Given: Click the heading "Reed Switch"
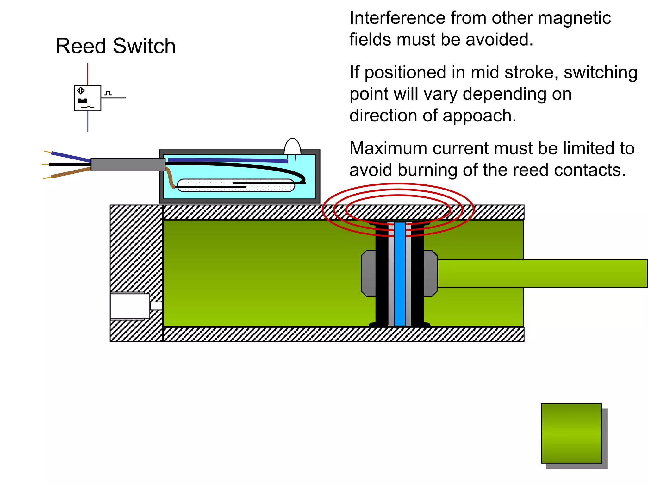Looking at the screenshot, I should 115,46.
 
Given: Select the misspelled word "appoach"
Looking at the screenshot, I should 479,116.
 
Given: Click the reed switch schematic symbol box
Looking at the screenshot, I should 88,98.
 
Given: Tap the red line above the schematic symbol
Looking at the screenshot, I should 88,74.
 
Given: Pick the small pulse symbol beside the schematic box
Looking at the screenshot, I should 109,93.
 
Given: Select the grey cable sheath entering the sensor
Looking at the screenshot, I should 128,165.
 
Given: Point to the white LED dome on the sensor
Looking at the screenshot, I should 292,146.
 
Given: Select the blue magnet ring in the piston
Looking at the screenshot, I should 400,274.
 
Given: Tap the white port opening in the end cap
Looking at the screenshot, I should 130,306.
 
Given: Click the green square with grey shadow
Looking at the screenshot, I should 571,433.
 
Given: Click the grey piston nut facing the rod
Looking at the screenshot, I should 430,274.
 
